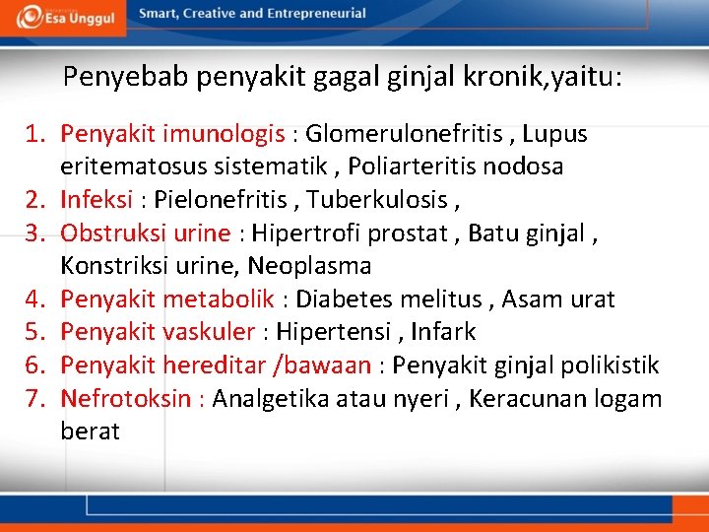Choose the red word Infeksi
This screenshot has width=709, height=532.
tap(97, 200)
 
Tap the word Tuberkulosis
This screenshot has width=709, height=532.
tap(377, 200)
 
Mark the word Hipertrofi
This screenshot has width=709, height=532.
tap(309, 233)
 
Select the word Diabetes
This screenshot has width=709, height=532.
tap(345, 299)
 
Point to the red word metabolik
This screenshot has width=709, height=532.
tap(219, 299)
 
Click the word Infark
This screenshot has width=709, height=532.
tap(443, 333)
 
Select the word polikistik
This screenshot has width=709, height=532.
tap(611, 366)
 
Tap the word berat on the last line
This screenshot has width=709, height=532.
tap(90, 432)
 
